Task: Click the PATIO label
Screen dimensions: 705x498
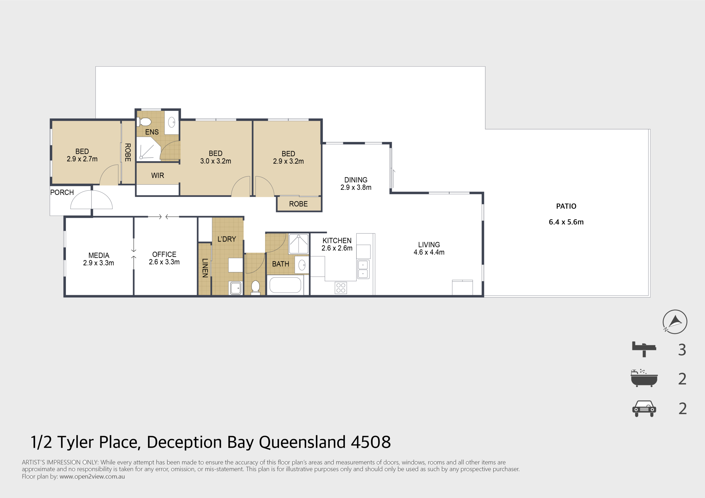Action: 566,206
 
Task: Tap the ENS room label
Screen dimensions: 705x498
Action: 152,132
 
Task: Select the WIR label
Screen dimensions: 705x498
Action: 158,176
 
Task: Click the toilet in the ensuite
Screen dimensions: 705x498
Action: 144,122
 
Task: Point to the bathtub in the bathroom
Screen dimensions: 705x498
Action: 285,285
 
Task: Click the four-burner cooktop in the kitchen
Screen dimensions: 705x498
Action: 341,288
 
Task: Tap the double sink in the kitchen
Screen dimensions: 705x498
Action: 363,269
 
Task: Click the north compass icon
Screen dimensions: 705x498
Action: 675,322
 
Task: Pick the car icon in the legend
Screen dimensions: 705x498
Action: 644,408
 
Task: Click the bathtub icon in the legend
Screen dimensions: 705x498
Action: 644,378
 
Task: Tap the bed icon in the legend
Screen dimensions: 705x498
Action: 644,349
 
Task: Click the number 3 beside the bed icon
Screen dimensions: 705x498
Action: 682,350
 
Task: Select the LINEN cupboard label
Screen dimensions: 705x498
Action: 205,268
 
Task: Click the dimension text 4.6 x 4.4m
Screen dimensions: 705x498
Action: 429,252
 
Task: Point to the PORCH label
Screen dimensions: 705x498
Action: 62,192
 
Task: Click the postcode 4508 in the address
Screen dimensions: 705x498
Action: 371,442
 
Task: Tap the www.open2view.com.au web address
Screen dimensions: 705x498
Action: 92,477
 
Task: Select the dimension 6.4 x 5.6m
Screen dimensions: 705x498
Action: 566,222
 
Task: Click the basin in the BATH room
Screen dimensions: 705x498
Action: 302,265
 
